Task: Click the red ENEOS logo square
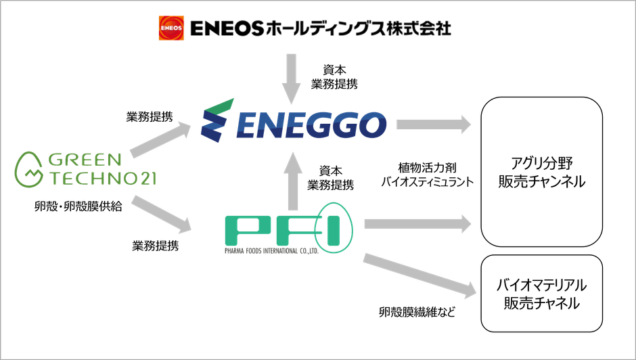click(x=171, y=28)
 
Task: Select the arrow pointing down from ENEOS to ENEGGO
click(x=291, y=79)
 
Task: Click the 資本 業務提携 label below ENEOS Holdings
click(x=334, y=77)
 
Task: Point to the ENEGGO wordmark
click(x=311, y=125)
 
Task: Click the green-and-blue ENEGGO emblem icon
click(x=217, y=120)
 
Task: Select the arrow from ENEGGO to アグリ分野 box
click(x=434, y=125)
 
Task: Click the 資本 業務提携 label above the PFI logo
click(x=330, y=178)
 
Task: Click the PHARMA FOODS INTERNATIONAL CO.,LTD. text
click(x=271, y=251)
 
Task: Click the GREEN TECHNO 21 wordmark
click(x=102, y=169)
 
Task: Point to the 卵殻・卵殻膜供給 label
click(x=78, y=206)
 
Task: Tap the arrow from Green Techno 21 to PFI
click(x=161, y=215)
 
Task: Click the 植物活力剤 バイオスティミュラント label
click(x=427, y=175)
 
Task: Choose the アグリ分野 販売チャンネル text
click(x=541, y=172)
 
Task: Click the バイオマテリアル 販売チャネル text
click(x=541, y=294)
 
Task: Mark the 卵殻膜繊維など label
click(x=417, y=312)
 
